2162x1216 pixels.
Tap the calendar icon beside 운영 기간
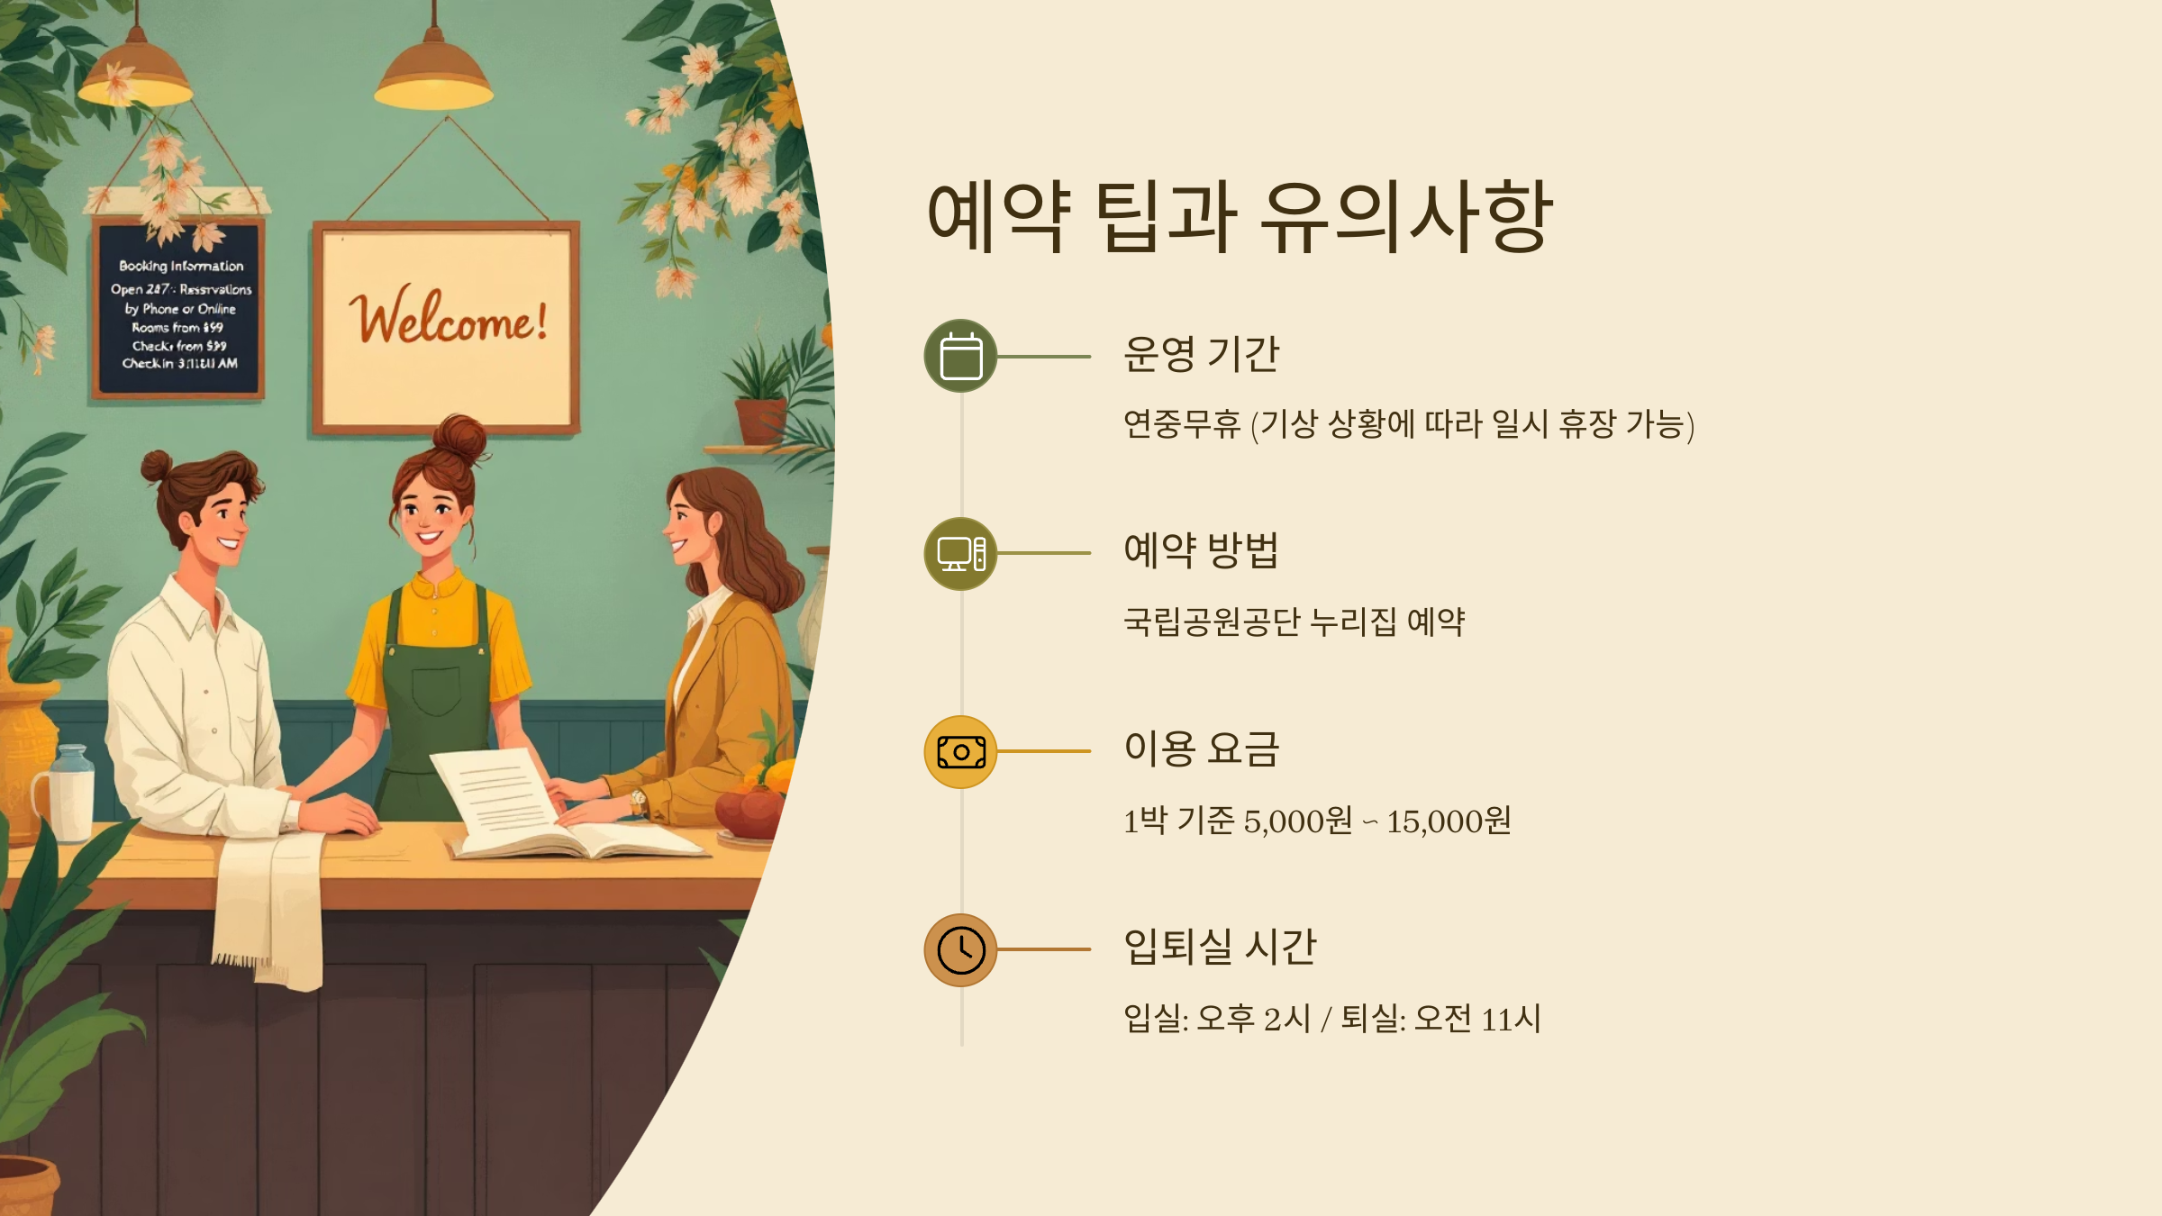coord(960,356)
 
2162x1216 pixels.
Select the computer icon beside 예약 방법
coord(960,553)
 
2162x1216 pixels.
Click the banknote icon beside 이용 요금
coord(960,751)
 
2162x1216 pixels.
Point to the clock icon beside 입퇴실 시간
coord(960,949)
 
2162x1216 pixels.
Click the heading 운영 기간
coord(1201,353)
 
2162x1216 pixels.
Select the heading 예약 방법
coord(1201,550)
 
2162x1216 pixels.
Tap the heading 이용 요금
coord(1201,749)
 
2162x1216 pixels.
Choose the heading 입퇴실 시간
coord(1220,947)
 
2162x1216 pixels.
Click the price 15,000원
coord(1449,821)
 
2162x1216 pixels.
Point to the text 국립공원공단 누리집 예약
coord(1294,622)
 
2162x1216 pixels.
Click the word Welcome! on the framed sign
coord(448,320)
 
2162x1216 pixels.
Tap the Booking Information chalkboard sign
coord(179,311)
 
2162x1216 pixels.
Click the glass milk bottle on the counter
coord(70,793)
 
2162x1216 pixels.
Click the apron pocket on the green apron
coord(436,690)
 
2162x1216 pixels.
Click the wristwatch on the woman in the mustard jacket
coord(639,799)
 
